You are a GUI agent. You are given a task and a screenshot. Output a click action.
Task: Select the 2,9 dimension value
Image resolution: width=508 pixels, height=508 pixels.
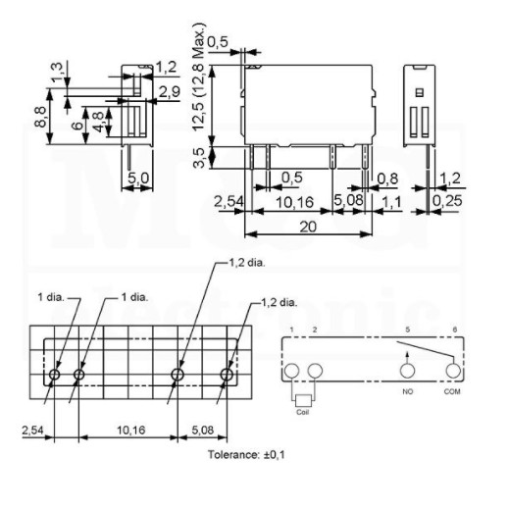(168, 90)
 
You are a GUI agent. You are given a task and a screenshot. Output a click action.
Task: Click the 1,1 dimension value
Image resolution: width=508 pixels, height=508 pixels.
(390, 201)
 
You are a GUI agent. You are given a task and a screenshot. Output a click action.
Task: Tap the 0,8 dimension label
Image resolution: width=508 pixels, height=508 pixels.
(388, 178)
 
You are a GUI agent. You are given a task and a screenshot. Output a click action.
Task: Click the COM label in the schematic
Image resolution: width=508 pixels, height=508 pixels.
(453, 391)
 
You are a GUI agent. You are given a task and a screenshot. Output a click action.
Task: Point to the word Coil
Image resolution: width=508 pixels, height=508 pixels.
(303, 411)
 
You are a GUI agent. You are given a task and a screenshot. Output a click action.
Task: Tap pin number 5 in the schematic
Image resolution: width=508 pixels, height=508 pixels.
(407, 330)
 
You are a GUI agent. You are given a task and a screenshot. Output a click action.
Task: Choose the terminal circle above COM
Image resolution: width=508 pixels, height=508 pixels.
(453, 371)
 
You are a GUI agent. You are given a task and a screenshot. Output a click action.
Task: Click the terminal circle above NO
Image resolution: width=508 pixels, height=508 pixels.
(406, 371)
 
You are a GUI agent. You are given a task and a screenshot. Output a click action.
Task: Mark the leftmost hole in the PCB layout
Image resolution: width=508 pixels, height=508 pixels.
(55, 375)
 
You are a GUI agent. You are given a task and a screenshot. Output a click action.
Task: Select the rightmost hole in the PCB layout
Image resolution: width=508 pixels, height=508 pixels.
(227, 375)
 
